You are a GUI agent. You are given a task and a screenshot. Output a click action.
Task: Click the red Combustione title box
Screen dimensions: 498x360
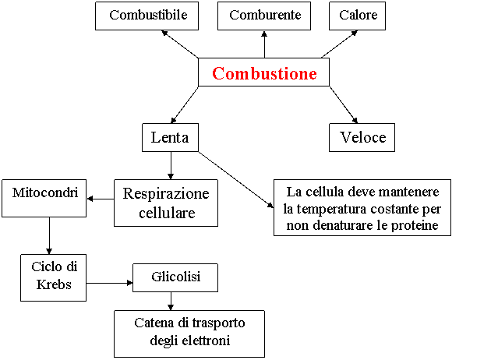[x=263, y=72]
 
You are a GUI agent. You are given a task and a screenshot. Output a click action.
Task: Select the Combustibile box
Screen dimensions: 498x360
[x=147, y=16]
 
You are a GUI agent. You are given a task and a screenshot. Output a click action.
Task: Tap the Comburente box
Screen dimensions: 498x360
[x=264, y=16]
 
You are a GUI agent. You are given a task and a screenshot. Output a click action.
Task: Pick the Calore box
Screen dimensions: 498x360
[x=357, y=16]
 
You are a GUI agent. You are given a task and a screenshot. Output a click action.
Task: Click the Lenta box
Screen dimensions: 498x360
[x=170, y=137]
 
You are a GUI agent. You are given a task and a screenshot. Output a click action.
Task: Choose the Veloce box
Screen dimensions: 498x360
[x=362, y=137]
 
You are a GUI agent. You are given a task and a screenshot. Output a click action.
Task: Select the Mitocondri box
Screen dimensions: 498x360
[x=44, y=199]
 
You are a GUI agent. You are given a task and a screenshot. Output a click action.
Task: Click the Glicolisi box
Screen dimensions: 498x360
[x=175, y=277]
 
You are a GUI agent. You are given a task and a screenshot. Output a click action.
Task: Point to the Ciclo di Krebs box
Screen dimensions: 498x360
[x=53, y=277]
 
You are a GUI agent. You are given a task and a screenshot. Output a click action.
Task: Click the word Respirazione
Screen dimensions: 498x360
[x=166, y=194]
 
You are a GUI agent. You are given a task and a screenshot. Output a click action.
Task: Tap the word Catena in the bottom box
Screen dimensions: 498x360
[x=154, y=323]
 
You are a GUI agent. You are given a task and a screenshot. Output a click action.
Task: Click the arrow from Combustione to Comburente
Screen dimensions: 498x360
[x=264, y=44]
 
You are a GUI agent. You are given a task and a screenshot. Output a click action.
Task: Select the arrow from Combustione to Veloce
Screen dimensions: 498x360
[x=344, y=104]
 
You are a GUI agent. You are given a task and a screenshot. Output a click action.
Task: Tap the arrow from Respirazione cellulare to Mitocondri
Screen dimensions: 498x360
[x=101, y=199]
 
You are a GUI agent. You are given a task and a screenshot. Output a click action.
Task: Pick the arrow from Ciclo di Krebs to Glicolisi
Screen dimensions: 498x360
[x=110, y=283]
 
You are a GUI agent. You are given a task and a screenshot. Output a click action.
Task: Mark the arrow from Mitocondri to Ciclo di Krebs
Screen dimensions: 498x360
[x=49, y=235]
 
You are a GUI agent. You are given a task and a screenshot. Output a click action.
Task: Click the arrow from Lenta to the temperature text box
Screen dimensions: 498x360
[x=235, y=180]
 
